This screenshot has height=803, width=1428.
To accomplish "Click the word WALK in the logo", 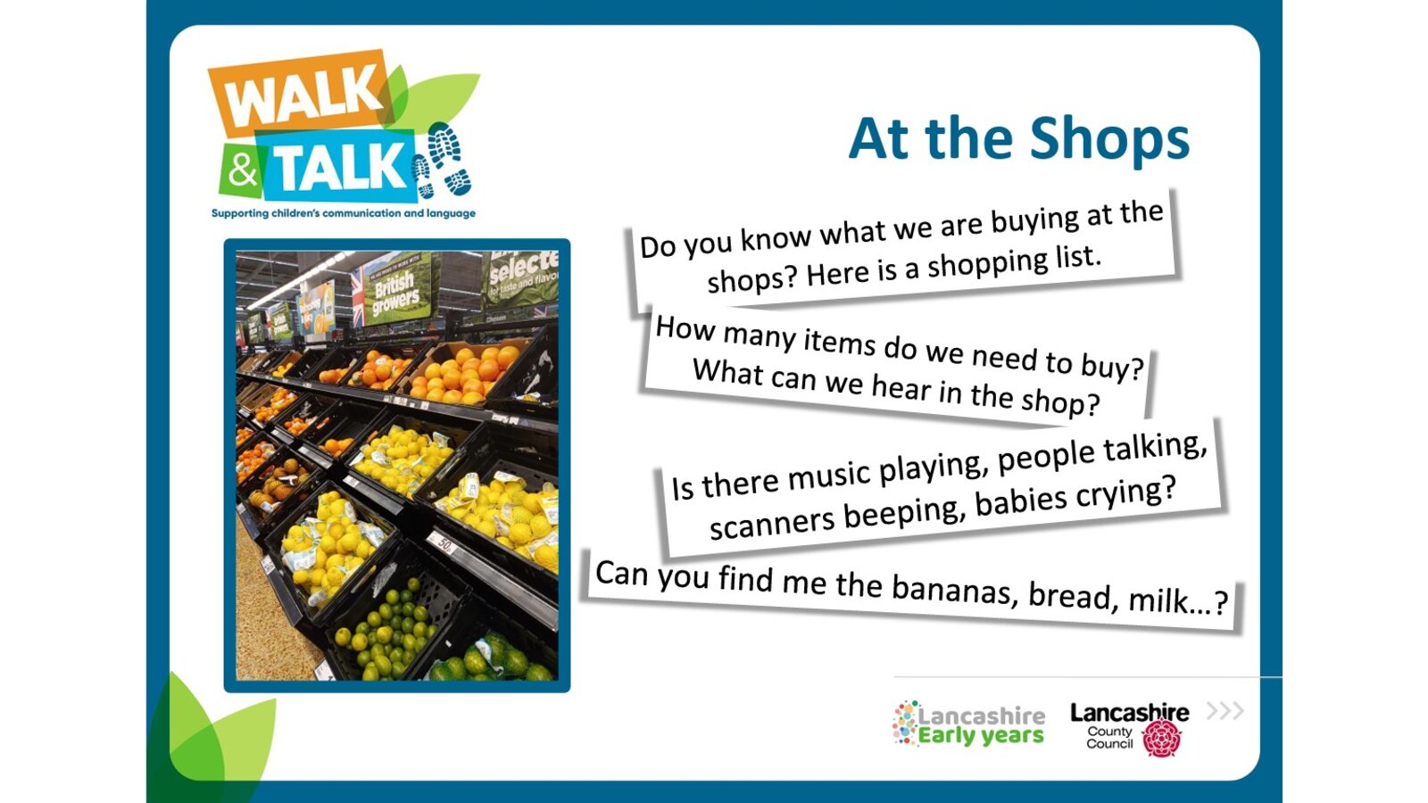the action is tap(300, 95).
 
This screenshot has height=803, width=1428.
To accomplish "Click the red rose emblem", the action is tap(1161, 738).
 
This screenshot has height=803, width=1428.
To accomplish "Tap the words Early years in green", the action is tap(981, 736).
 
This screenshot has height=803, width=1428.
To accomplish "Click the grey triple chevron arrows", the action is tap(1225, 710).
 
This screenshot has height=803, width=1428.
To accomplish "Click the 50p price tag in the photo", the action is tap(441, 543).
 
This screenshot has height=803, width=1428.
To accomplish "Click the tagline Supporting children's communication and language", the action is tap(344, 213).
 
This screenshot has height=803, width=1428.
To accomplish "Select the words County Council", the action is tap(1110, 737).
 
